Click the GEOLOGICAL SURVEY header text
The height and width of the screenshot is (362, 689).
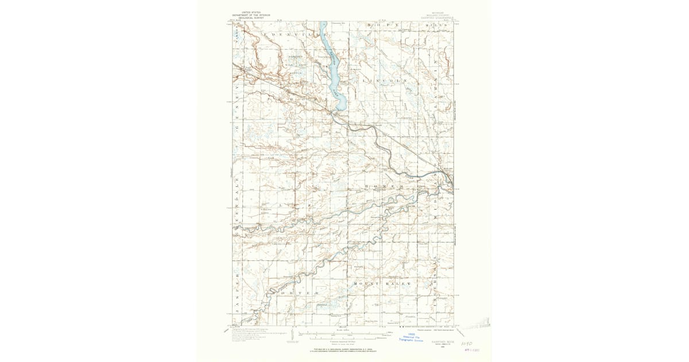[x=250, y=18]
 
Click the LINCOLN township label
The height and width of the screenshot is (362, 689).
[x=385, y=81]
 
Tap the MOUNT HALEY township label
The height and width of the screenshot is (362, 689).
[x=382, y=284]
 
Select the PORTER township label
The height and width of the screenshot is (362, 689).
[x=296, y=293]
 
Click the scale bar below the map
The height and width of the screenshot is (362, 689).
[x=344, y=334]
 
